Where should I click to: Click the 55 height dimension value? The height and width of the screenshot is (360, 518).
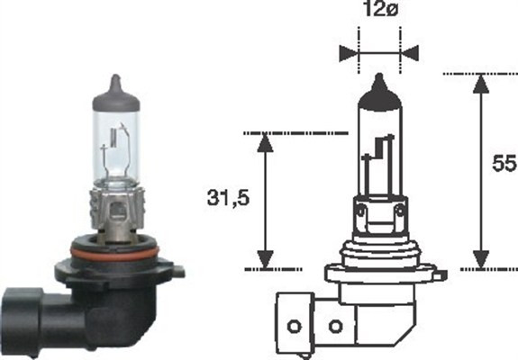coord(502,165)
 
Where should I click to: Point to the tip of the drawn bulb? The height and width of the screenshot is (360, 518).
coord(379,84)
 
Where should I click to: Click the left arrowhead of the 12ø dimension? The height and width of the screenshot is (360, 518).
coord(347,51)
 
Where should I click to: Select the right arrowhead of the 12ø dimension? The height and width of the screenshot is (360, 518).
coord(412,51)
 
